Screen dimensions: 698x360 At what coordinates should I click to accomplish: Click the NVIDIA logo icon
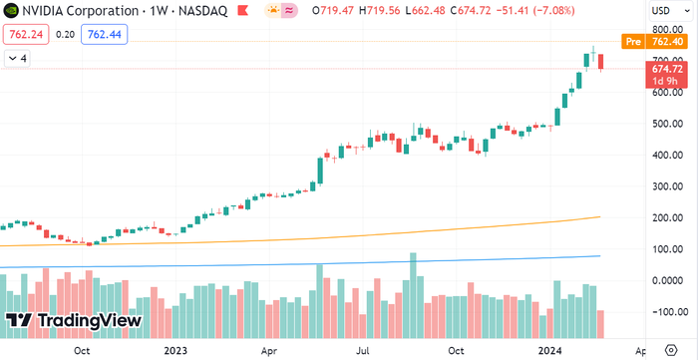[x=8, y=10]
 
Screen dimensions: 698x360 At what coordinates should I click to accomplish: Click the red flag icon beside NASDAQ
[x=242, y=10]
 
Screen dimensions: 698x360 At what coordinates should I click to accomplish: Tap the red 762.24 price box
[x=26, y=34]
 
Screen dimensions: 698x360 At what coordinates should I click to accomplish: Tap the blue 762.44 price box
[x=104, y=34]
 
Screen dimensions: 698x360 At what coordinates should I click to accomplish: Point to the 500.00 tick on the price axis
[x=668, y=124]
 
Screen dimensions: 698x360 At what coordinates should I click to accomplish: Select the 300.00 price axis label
[x=668, y=186]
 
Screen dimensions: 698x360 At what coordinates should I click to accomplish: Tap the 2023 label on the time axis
[x=174, y=350]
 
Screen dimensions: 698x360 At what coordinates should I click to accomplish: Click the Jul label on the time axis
[x=364, y=350]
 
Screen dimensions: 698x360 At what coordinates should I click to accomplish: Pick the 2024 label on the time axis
[x=548, y=350]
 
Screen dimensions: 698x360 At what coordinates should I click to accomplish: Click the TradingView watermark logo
[x=74, y=321]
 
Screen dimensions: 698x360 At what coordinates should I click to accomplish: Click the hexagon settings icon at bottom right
[x=672, y=349]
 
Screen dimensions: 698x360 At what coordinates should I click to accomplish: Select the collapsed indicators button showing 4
[x=17, y=58]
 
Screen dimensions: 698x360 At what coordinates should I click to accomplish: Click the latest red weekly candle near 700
[x=601, y=62]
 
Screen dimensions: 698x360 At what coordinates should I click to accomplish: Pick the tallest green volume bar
[x=413, y=295]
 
